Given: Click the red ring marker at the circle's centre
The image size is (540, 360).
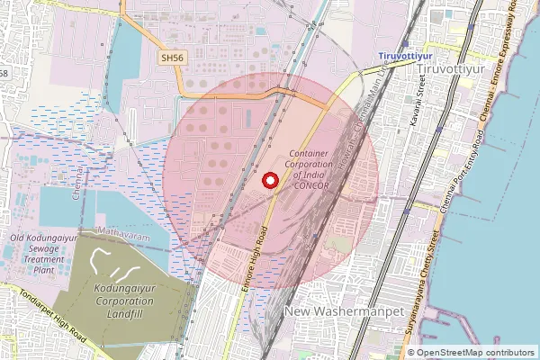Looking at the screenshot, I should [x=269, y=181].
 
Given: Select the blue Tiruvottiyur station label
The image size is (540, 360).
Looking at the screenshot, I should [x=400, y=57].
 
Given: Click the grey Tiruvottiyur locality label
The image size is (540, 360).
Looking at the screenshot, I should [x=478, y=69].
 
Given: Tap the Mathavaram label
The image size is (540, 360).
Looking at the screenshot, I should [x=121, y=230].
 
